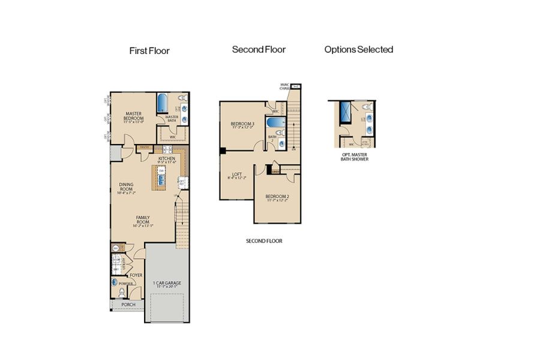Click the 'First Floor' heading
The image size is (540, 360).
tap(149, 51)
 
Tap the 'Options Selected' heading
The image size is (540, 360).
tap(359, 50)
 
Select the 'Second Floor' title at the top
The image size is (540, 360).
tap(259, 50)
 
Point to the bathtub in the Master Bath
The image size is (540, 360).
tap(163, 103)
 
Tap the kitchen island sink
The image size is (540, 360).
tap(162, 179)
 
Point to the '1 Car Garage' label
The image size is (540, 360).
tap(167, 284)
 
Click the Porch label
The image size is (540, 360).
tap(128, 305)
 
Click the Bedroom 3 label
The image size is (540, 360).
tap(243, 125)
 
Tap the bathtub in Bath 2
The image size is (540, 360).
tap(275, 124)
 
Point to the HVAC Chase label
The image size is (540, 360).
tap(285, 87)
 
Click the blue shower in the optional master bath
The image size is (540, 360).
tap(346, 111)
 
